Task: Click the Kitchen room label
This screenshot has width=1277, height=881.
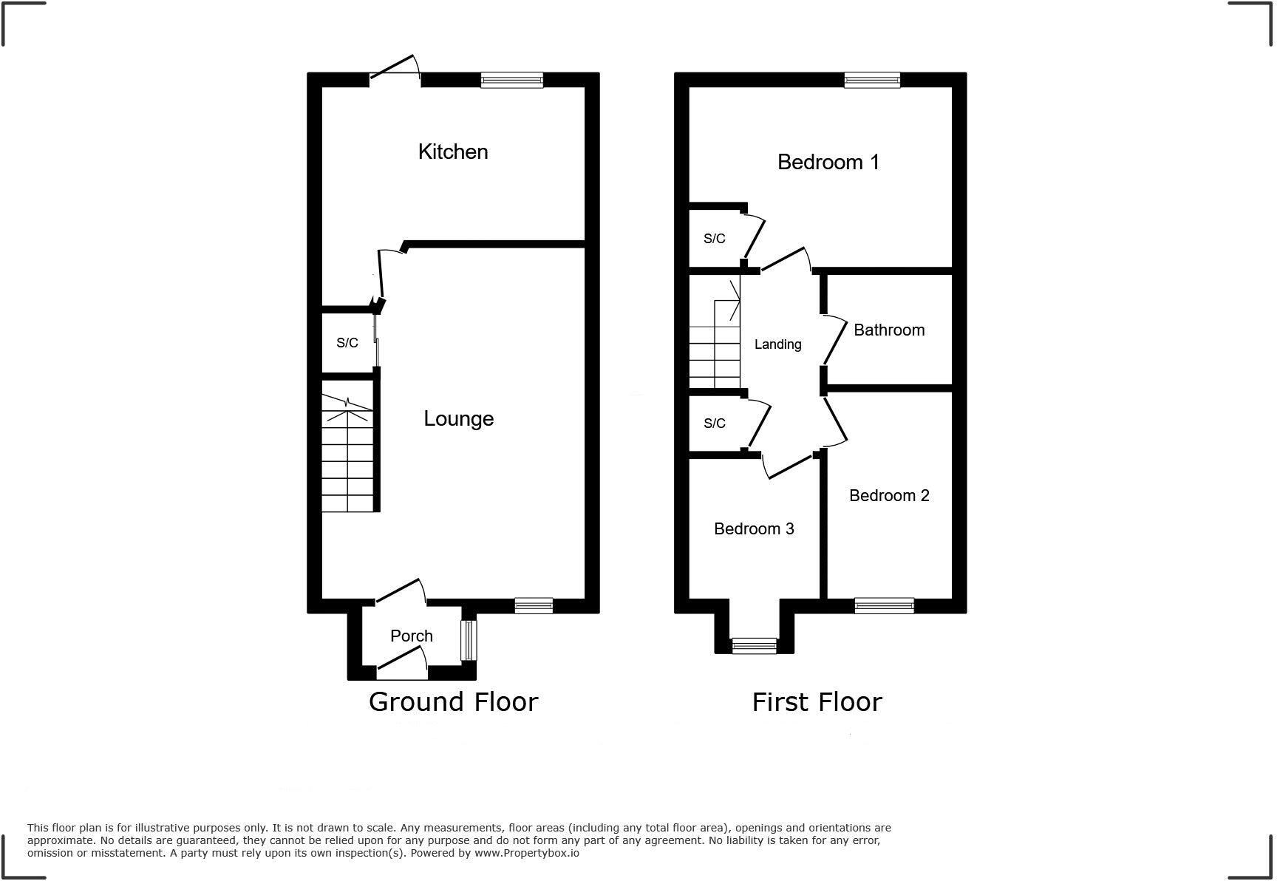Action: pos(453,152)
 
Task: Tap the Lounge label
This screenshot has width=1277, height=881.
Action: pos(458,418)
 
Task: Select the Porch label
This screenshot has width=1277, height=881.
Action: pos(412,636)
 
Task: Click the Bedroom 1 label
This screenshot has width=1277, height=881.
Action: pos(828,162)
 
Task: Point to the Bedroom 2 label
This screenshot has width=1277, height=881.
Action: pos(889,495)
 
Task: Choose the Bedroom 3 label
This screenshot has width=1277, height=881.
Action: pos(754,528)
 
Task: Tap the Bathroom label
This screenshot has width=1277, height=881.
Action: pos(889,330)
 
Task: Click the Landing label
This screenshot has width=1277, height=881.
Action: pos(777,344)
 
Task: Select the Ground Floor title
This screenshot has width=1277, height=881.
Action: pos(453,701)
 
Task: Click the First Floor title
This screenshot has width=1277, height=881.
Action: pos(817,701)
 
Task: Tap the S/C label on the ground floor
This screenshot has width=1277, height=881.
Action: pos(347,343)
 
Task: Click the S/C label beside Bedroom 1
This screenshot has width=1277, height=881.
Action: pos(714,239)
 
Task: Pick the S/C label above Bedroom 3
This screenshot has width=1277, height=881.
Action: pos(714,424)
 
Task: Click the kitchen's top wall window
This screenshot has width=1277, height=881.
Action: pos(511,80)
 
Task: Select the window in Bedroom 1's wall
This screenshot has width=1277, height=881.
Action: pos(872,80)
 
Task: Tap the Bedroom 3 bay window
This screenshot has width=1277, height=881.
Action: pos(754,646)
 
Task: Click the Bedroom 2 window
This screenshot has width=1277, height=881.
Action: pos(884,605)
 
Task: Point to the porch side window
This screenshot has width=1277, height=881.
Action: pos(469,639)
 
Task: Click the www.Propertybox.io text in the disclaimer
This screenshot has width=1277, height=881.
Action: pos(526,853)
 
